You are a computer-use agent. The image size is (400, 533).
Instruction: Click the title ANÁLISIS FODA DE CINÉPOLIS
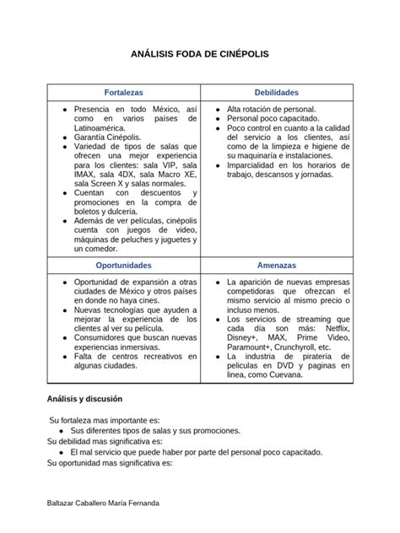[199, 53]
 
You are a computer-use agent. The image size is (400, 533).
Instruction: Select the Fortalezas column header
[123, 92]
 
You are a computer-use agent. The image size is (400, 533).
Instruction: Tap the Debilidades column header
[276, 92]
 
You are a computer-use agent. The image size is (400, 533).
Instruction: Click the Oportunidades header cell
[123, 265]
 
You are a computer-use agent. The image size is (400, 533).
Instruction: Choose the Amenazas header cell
[276, 265]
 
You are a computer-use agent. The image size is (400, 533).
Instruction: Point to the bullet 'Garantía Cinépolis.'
[108, 137]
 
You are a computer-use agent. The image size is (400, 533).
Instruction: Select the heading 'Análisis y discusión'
[84, 398]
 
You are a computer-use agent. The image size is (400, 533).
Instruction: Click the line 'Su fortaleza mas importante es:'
[105, 420]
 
